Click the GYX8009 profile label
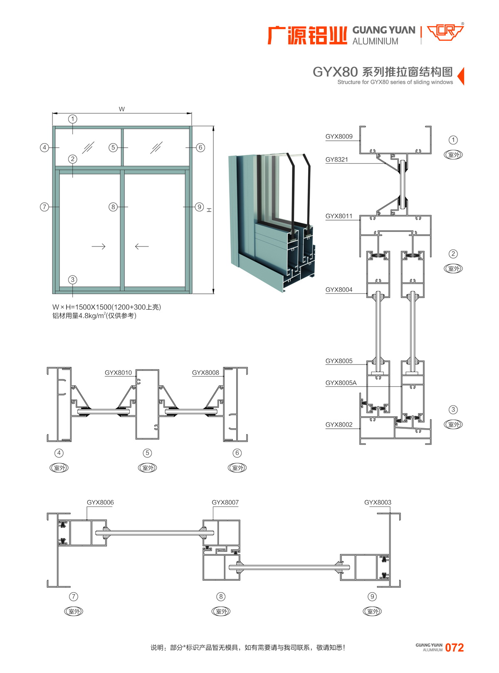tap(339, 137)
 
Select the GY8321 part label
tap(337, 159)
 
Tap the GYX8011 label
tap(339, 216)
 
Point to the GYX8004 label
tap(339, 290)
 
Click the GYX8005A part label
tap(341, 383)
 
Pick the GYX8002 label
tap(339, 425)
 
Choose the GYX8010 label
tap(118, 373)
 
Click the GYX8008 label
tap(205, 373)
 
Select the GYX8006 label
tap(100, 502)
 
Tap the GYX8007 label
tap(225, 502)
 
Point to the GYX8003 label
tap(378, 502)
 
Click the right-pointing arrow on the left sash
tap(99, 246)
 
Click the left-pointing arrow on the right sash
tap(142, 246)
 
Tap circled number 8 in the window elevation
tap(113, 207)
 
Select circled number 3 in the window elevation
tap(73, 280)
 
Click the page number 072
tap(454, 648)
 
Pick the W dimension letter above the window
tap(122, 109)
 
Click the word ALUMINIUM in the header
tap(375, 42)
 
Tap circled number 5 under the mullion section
tap(147, 453)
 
